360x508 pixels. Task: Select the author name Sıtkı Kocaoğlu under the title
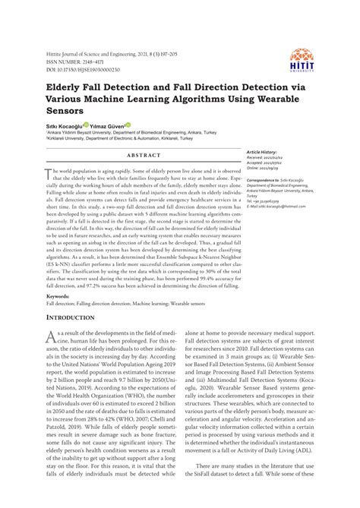64,125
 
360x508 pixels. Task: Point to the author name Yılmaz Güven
108,125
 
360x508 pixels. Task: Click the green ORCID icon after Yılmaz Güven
129,125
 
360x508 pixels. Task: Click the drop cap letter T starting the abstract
50,173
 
